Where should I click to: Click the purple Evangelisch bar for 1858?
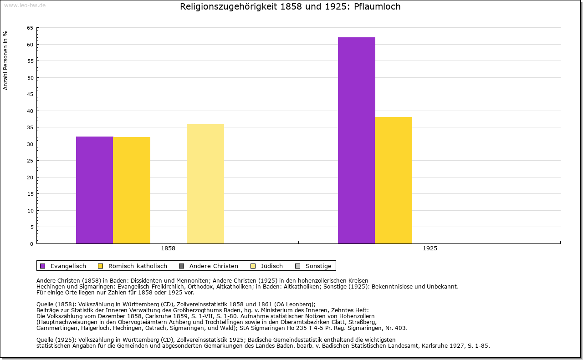(94, 190)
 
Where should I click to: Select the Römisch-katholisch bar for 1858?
(132, 190)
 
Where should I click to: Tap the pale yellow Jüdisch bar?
(205, 184)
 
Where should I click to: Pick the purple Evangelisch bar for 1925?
(356, 140)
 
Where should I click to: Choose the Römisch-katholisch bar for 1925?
(394, 180)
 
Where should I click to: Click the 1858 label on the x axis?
(168, 249)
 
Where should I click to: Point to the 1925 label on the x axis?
(430, 249)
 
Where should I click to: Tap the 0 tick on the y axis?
(31, 244)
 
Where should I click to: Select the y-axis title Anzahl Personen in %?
(5, 60)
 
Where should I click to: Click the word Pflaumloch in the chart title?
(377, 7)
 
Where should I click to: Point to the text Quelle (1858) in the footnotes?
(56, 304)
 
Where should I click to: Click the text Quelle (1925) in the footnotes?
(56, 340)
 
